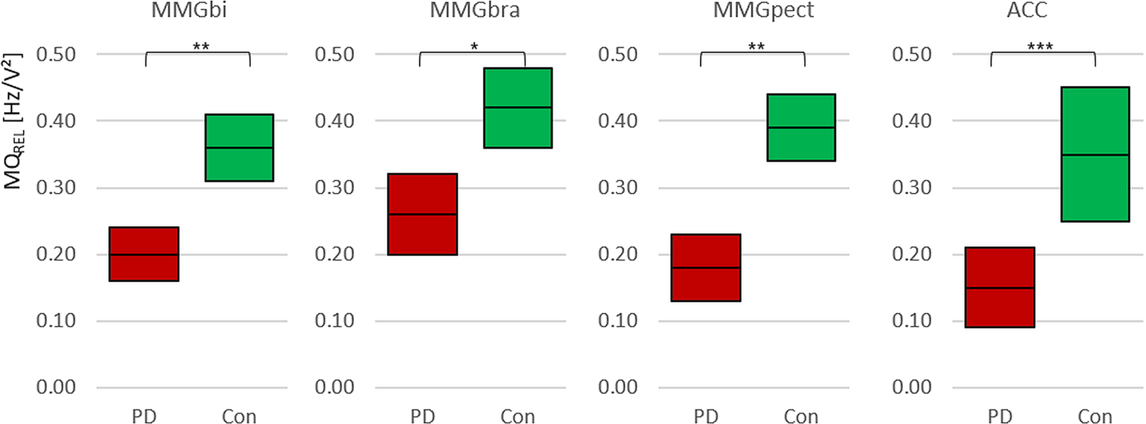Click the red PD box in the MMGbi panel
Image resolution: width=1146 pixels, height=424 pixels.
coord(144,254)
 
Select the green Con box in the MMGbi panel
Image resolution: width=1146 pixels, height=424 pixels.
coord(239,147)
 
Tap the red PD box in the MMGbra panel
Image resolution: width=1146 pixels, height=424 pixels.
coord(422,214)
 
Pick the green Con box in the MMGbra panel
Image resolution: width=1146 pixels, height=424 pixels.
coord(518,108)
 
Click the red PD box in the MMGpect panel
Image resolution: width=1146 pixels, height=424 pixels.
coord(706,268)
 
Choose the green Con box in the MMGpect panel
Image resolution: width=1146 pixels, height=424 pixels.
coord(801,127)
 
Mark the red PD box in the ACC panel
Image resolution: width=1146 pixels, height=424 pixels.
coord(1000,288)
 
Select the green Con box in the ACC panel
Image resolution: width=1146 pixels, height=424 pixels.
coord(1095,155)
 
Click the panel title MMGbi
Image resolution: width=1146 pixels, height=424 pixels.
coord(188,10)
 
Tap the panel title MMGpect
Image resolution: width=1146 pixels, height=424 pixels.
coord(764,10)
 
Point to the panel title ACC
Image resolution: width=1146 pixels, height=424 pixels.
coord(1027,10)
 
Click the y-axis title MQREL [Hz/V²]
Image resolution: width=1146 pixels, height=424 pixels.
coord(13,121)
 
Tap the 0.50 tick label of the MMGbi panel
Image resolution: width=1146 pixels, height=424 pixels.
coord(56,55)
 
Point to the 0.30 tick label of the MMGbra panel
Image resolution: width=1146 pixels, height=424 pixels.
coord(334,187)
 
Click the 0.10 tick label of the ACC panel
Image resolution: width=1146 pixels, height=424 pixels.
coord(911,320)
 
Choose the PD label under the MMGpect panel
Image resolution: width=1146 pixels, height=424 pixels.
coord(706,416)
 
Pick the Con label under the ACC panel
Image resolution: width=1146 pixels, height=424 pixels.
coord(1095,416)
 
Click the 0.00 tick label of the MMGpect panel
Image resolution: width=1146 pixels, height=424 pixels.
coord(618,387)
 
